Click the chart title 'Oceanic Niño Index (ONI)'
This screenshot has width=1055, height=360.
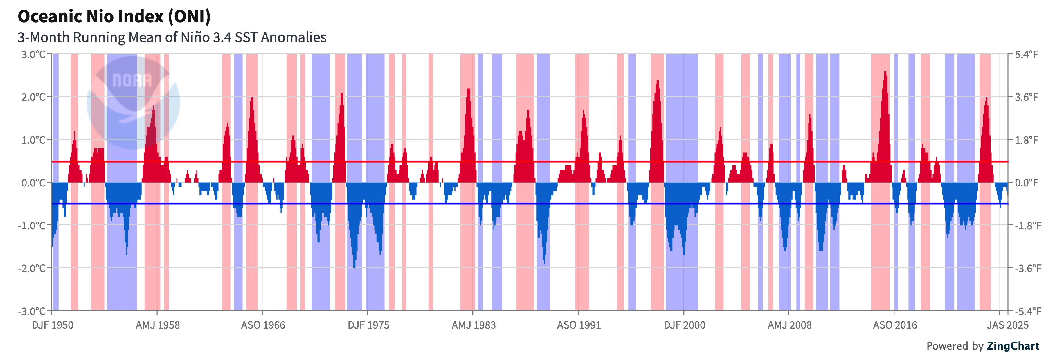pos(114,16)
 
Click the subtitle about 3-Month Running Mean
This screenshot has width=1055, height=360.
pos(172,37)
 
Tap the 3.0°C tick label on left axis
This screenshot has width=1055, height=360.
pos(33,55)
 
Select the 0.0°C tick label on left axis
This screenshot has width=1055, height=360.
pos(33,183)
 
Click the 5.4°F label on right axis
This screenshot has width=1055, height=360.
pos(1026,55)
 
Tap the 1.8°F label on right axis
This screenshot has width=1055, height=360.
pos(1026,140)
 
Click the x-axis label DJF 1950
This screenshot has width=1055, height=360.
pos(53,325)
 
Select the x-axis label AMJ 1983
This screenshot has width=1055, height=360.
pos(474,325)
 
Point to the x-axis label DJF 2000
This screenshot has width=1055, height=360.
pos(684,325)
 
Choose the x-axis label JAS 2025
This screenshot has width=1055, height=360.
pos(1007,325)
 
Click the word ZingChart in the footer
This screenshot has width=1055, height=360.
pos(1013,346)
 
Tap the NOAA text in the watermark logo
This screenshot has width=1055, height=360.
pos(132,80)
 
